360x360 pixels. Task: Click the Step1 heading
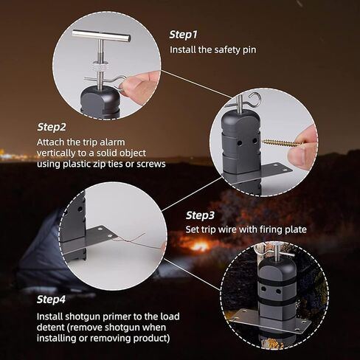[x=184, y=35]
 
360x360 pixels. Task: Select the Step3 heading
[x=200, y=215]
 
